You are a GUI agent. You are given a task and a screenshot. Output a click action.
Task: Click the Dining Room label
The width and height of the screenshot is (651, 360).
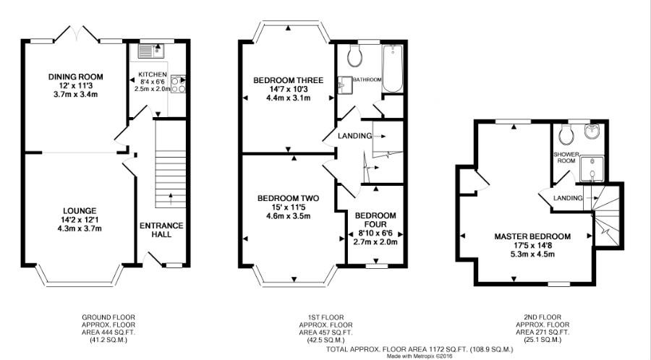pyautogui.click(x=75, y=77)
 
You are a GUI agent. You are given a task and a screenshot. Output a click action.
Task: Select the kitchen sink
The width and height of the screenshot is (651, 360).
pyautogui.click(x=152, y=50)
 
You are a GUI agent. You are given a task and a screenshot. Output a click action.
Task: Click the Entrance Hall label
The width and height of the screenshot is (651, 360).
pyautogui.click(x=161, y=230)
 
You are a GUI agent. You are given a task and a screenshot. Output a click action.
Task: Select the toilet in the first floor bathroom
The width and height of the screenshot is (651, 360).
pyautogui.click(x=354, y=54)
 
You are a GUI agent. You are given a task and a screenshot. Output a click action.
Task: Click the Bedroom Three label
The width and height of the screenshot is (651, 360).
pyautogui.click(x=288, y=80)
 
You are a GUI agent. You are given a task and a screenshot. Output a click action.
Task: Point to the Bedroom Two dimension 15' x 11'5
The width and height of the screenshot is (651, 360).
pyautogui.click(x=288, y=206)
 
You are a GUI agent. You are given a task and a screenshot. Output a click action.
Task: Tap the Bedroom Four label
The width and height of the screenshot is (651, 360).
pyautogui.click(x=375, y=220)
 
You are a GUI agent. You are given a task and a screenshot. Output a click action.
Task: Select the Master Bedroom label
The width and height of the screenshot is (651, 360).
pyautogui.click(x=532, y=236)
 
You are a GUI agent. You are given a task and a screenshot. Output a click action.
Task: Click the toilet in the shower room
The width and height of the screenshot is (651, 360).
pyautogui.click(x=567, y=133)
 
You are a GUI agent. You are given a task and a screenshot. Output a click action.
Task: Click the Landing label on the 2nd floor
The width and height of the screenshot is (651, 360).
pyautogui.click(x=567, y=198)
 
